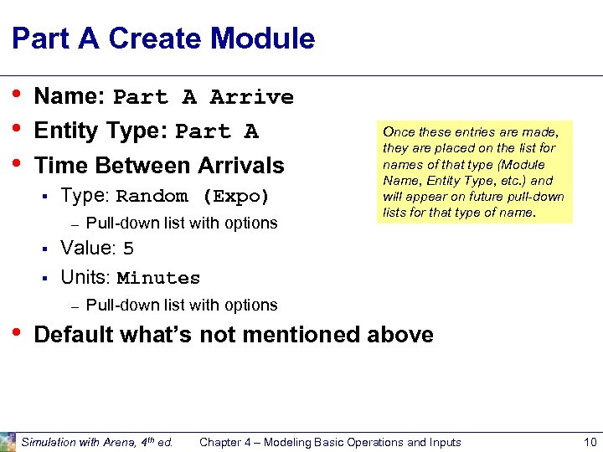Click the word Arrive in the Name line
pyautogui.click(x=252, y=97)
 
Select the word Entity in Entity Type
pyautogui.click(x=64, y=131)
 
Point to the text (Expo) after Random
pyautogui.click(x=235, y=198)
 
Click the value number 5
pyautogui.click(x=128, y=249)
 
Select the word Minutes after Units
pyautogui.click(x=158, y=279)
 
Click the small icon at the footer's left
pyautogui.click(x=8, y=442)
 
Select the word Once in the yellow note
pyautogui.click(x=399, y=131)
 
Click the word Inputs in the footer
pyautogui.click(x=442, y=442)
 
